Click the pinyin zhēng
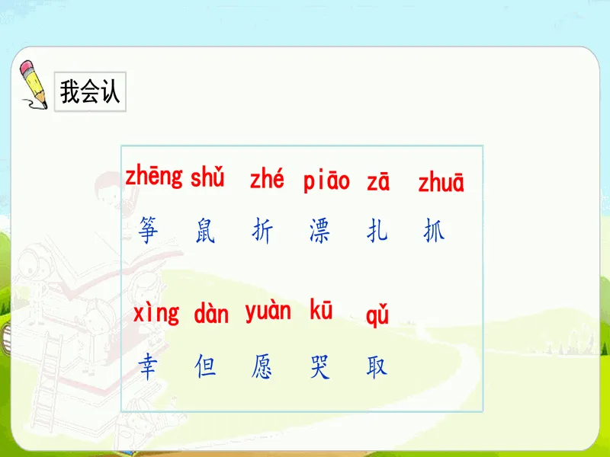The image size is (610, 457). (154, 177)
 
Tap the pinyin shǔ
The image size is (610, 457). (207, 177)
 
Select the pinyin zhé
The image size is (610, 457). (267, 179)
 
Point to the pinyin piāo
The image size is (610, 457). (326, 181)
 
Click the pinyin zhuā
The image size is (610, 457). (441, 182)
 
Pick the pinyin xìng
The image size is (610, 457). (156, 313)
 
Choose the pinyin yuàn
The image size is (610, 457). (268, 312)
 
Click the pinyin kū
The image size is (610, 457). (321, 310)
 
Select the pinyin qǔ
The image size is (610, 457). (377, 315)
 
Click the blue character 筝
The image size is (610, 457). (148, 230)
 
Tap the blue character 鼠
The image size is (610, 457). (205, 231)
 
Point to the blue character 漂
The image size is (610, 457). (319, 231)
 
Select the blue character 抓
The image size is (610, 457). (434, 230)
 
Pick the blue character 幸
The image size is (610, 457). (148, 366)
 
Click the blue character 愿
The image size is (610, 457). (262, 366)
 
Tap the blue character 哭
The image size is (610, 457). (319, 366)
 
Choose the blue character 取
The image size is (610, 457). (377, 366)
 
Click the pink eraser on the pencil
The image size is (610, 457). (27, 67)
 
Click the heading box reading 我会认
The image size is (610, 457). (90, 91)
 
